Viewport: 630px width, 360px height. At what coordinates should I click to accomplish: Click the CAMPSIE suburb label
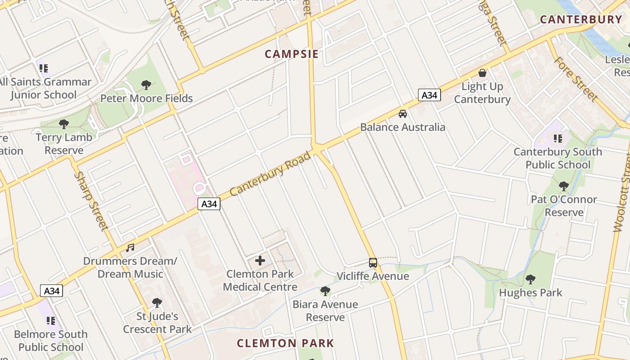[x=291, y=54]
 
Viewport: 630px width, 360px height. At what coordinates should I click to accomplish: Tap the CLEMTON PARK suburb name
[x=285, y=343]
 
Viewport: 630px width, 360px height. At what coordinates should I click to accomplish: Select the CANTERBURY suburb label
[x=581, y=19]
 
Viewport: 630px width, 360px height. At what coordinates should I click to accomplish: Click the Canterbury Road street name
[x=270, y=174]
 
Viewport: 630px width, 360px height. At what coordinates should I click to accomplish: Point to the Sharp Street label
[x=91, y=201]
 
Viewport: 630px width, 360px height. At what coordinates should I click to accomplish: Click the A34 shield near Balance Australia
[x=429, y=95]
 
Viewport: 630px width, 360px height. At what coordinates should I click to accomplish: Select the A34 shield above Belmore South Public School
[x=51, y=291]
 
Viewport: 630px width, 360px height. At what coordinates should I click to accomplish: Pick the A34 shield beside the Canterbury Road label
[x=209, y=204]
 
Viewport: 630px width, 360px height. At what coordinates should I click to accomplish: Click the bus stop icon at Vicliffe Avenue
[x=373, y=262]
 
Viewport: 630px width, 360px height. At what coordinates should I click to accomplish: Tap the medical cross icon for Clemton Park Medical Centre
[x=260, y=261]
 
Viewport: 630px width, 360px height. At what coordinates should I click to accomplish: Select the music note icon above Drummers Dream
[x=130, y=247]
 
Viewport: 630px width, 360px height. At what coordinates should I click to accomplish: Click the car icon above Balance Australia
[x=403, y=113]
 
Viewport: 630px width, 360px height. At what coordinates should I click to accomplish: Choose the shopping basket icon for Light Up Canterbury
[x=482, y=72]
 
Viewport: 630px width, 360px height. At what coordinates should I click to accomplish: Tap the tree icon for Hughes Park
[x=531, y=279]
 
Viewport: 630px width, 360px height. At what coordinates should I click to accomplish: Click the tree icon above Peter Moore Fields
[x=146, y=85]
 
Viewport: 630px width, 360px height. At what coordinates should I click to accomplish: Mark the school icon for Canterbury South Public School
[x=558, y=138]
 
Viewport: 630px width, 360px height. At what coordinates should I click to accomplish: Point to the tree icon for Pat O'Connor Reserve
[x=563, y=186]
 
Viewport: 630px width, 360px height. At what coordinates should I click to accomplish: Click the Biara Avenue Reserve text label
[x=325, y=311]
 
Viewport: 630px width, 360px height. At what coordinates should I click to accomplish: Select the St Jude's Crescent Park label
[x=157, y=323]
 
